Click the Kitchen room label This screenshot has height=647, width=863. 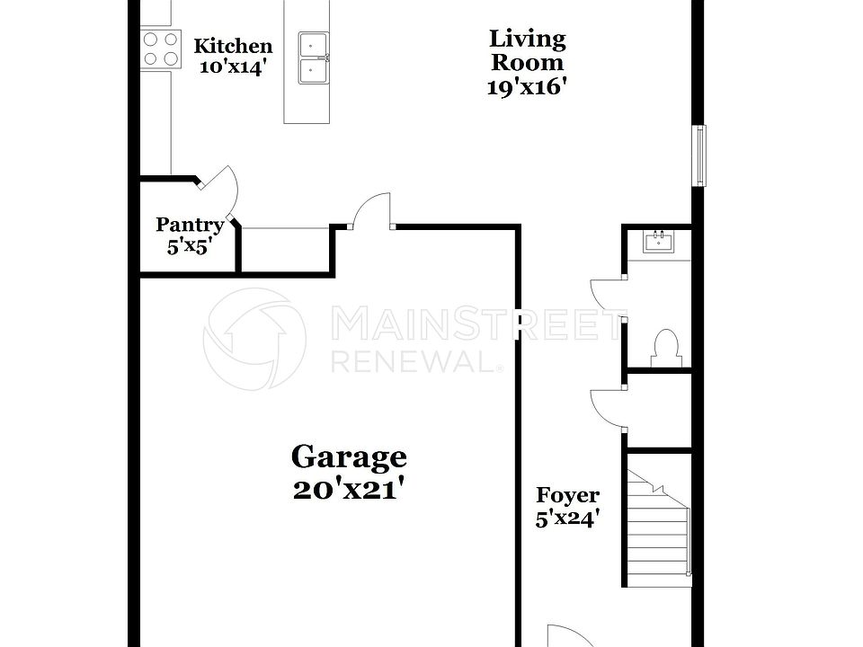[x=233, y=46]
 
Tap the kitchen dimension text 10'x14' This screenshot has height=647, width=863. [x=233, y=67]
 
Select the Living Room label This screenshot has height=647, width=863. [x=527, y=50]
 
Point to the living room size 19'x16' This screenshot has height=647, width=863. [x=527, y=86]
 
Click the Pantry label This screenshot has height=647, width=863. [x=189, y=225]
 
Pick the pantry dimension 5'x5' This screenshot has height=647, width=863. [x=189, y=246]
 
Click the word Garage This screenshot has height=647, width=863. [x=348, y=456]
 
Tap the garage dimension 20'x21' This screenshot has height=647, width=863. [x=348, y=490]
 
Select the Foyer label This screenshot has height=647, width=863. [x=567, y=495]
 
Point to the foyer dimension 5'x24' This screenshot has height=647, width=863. [x=567, y=518]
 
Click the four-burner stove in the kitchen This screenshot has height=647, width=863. [x=160, y=49]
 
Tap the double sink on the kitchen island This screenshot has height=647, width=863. [x=314, y=58]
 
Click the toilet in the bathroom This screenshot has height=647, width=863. [x=666, y=346]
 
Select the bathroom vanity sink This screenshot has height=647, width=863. [x=658, y=241]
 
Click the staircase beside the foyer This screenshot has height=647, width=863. [x=659, y=525]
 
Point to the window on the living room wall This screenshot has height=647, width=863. [x=698, y=155]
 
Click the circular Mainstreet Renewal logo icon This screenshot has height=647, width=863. [x=254, y=340]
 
